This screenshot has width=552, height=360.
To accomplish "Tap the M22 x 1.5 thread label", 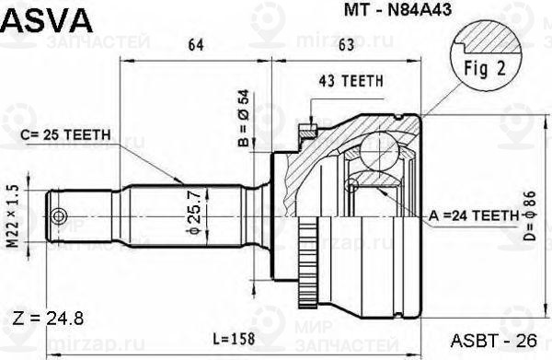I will [13, 214].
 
